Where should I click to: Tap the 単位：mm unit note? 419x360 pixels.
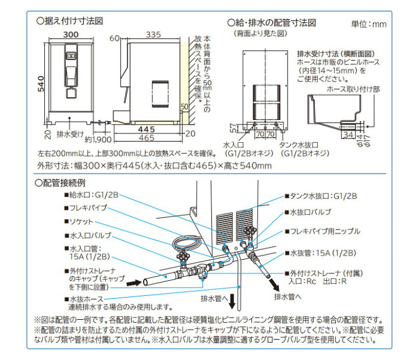[369, 24]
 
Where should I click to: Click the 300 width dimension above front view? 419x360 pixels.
[70, 35]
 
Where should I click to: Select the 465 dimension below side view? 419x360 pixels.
[147, 139]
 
